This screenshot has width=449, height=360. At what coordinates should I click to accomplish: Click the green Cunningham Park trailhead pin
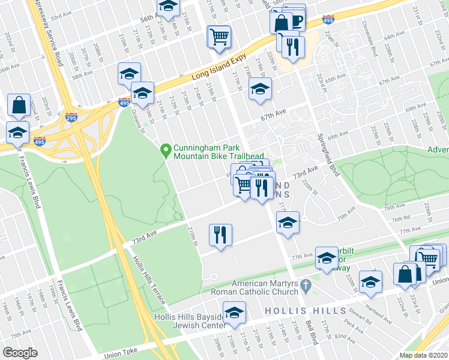click(166, 150)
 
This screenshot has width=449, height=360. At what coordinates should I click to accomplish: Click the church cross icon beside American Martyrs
click(306, 283)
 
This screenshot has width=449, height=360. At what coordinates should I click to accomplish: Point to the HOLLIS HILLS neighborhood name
click(304, 311)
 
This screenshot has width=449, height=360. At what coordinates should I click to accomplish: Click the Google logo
click(20, 352)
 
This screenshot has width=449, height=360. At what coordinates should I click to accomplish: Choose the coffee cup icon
click(295, 19)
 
